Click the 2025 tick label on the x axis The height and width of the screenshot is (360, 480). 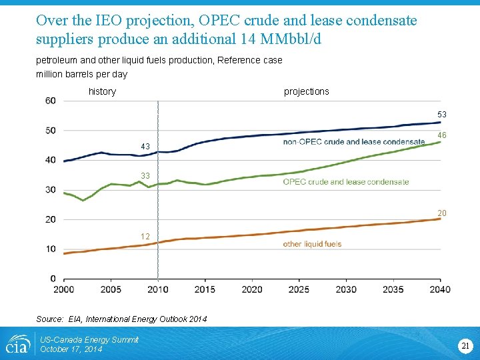[x=299, y=289]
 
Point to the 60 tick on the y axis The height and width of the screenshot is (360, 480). [x=51, y=101]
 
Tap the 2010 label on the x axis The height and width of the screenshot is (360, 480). [x=158, y=289]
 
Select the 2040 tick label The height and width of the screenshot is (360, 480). [x=440, y=289]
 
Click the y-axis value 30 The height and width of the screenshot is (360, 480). [x=51, y=190]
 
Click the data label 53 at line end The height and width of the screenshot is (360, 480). [x=442, y=115]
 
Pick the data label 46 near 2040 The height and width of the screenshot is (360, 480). [x=442, y=135]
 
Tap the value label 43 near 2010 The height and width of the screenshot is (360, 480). [x=145, y=147]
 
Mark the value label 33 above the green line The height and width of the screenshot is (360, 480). [x=145, y=176]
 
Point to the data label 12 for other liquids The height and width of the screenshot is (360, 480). [x=145, y=237]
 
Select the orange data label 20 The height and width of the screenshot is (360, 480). [x=442, y=213]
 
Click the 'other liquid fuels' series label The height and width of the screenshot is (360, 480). [x=312, y=244]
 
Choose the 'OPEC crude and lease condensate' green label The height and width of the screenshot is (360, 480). [x=346, y=181]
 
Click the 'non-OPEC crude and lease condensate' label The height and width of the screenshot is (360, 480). [x=354, y=141]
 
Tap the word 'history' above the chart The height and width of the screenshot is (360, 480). [x=102, y=91]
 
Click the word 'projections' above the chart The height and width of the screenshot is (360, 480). [x=307, y=91]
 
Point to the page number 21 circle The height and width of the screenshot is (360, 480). [x=465, y=345]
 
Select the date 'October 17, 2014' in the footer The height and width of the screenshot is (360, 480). [x=71, y=349]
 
